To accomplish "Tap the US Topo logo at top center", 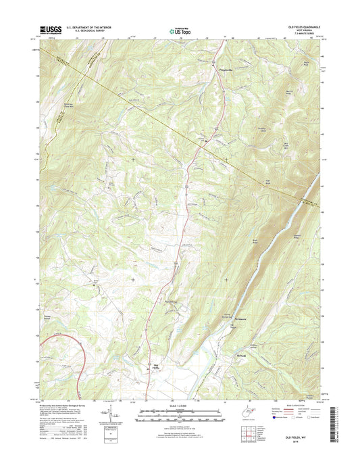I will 179,30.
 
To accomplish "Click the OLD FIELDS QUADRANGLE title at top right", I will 304,26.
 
